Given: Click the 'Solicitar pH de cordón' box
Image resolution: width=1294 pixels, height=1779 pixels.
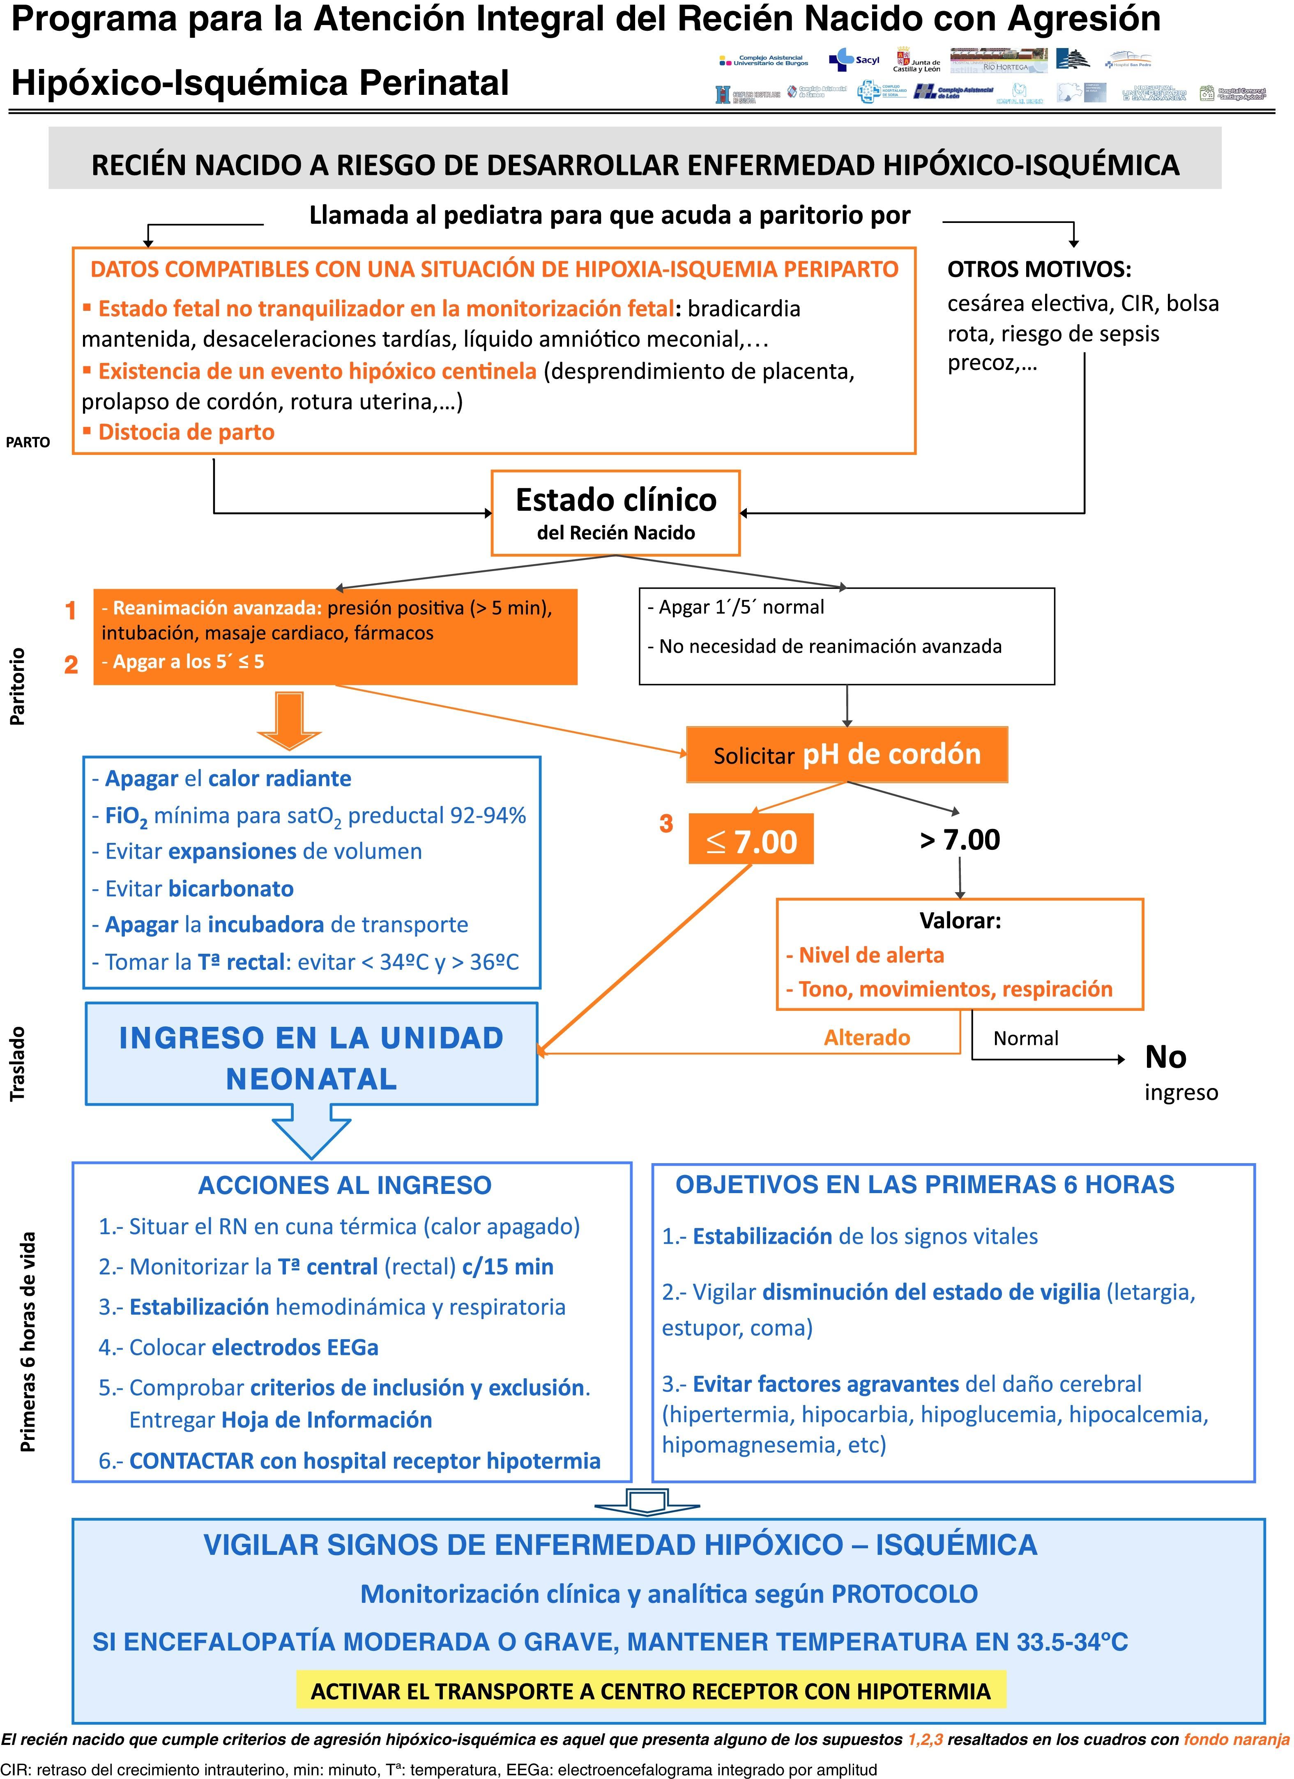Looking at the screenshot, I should click(x=847, y=755).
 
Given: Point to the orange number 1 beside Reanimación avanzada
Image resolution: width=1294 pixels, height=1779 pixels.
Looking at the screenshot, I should click(x=71, y=610).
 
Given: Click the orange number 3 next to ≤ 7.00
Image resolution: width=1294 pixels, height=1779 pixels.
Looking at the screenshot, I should click(x=666, y=824).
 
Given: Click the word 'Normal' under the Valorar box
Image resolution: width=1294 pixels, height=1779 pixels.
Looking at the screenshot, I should click(x=1026, y=1038).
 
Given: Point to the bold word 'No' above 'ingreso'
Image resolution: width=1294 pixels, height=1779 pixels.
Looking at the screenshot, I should click(x=1165, y=1057).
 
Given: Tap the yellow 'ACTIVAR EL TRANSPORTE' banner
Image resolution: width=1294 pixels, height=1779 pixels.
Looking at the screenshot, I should click(x=651, y=1691).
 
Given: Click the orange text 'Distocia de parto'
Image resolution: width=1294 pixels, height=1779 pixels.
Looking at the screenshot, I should click(x=186, y=432).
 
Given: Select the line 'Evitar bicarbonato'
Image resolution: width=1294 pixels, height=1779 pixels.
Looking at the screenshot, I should click(x=193, y=889).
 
